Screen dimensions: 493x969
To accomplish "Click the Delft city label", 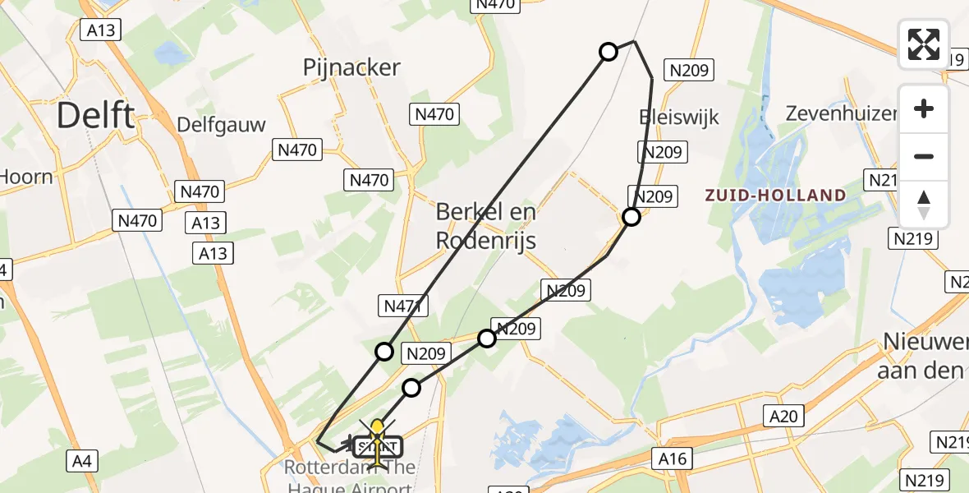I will click(x=95, y=116).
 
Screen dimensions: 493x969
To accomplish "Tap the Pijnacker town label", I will click(x=351, y=67).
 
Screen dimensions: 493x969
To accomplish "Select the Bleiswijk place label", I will click(x=679, y=117).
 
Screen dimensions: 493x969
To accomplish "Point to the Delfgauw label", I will click(x=222, y=125).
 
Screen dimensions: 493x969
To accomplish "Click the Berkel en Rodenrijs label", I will click(x=486, y=225).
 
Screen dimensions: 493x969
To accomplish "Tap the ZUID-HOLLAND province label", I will click(x=775, y=196).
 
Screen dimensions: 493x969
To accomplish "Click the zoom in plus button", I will click(x=924, y=108).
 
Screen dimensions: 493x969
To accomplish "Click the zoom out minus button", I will click(x=924, y=156).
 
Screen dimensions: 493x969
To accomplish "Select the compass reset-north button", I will click(x=924, y=204).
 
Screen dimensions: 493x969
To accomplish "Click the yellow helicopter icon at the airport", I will click(x=377, y=445).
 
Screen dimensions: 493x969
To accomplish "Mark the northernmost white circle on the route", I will click(x=608, y=52).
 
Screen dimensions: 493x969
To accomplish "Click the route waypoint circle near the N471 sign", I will click(x=383, y=352).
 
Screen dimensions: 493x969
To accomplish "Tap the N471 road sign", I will click(x=402, y=306).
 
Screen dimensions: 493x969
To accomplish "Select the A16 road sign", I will click(x=670, y=458).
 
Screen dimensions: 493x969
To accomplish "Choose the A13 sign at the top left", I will click(x=101, y=30).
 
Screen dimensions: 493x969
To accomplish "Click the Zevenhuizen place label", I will click(x=840, y=113).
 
